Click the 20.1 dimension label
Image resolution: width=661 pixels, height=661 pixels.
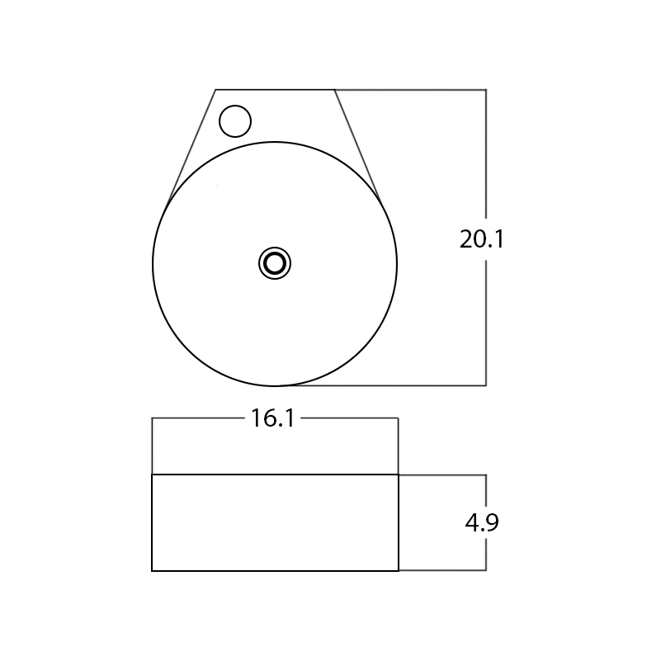[x=481, y=239]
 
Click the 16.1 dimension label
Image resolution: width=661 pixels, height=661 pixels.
[x=273, y=418]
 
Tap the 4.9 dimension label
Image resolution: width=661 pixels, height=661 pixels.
[x=482, y=522]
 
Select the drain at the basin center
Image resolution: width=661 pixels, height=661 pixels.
[x=275, y=263]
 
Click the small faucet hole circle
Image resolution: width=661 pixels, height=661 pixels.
[x=235, y=121]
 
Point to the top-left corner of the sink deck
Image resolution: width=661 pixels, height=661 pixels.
[x=215, y=90]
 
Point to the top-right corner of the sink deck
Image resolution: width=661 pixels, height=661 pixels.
[x=335, y=90]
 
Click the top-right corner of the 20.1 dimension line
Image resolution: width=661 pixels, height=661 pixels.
[x=486, y=90]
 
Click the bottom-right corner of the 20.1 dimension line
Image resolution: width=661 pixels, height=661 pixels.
[x=486, y=385]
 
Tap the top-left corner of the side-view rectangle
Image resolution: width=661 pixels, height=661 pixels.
[x=152, y=475]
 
